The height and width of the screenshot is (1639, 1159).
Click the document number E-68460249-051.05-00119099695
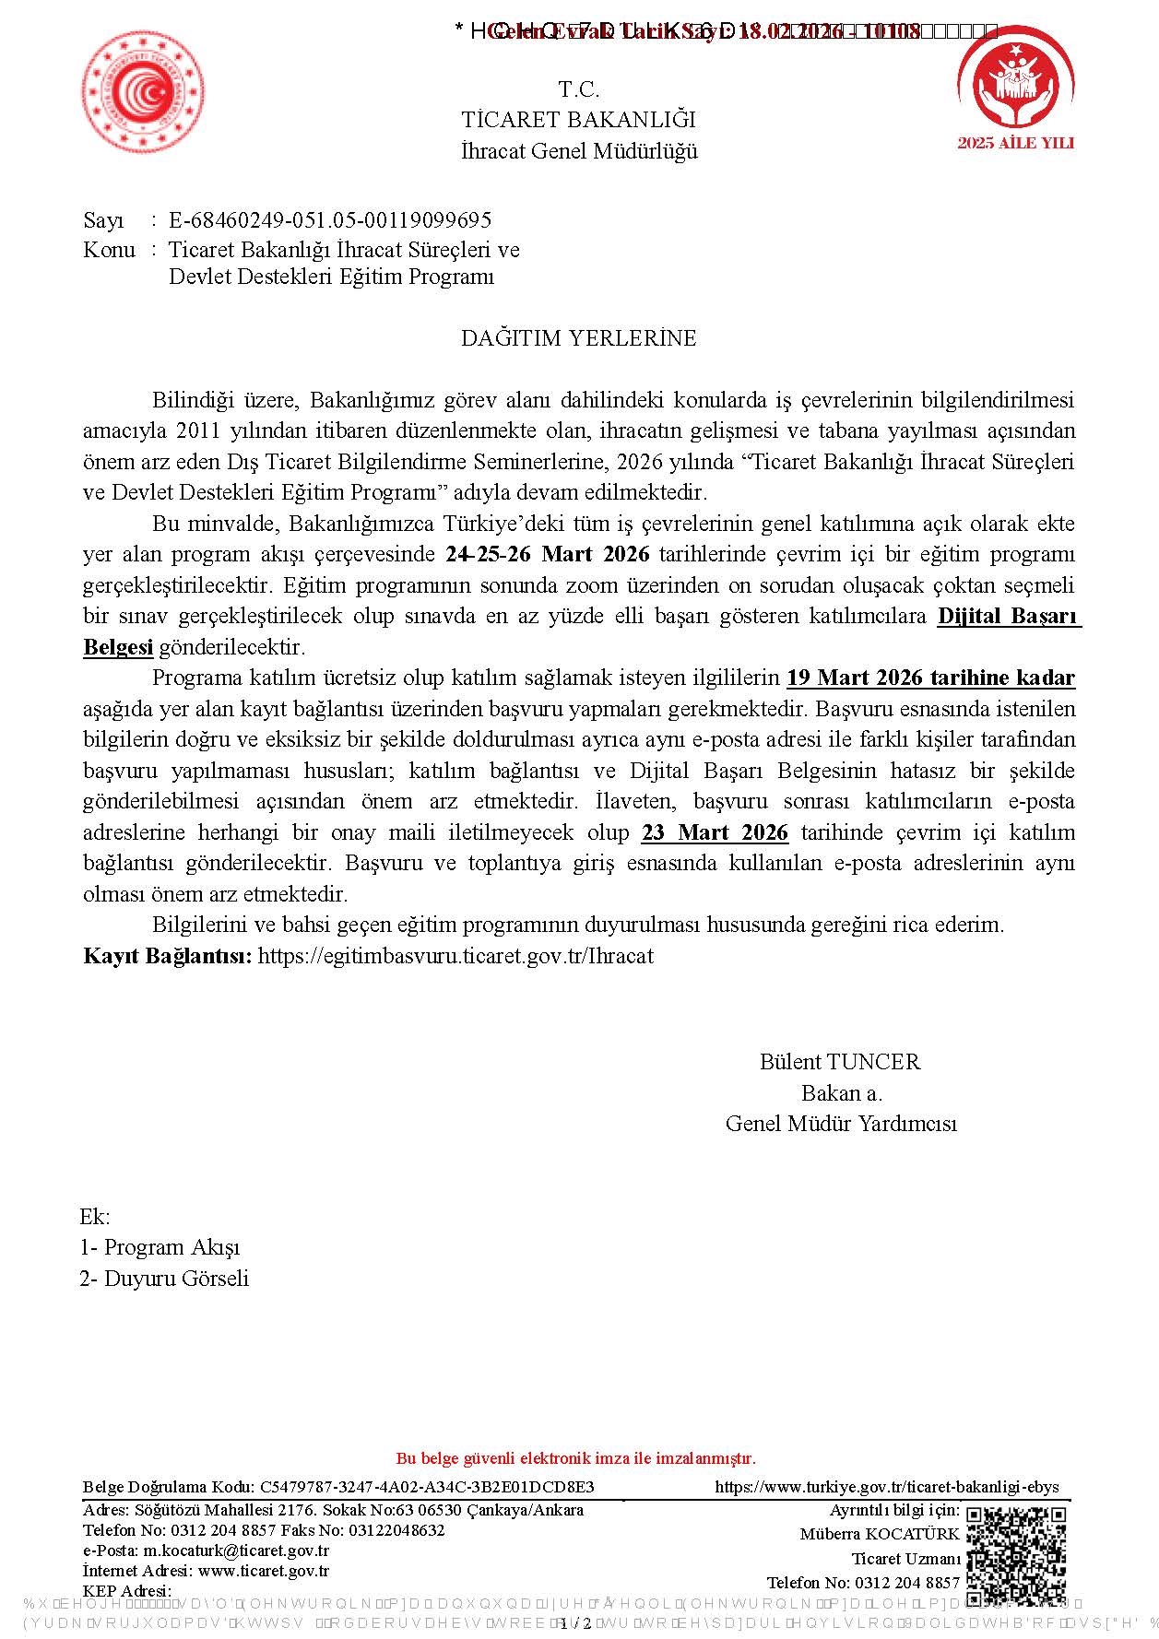[x=329, y=220]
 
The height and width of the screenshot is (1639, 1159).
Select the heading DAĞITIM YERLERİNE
[x=578, y=338]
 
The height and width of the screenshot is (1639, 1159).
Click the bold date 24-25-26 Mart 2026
[x=548, y=555]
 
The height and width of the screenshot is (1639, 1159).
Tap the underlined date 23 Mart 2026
[x=715, y=832]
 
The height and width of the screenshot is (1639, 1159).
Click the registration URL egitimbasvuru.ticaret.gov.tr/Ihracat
[x=455, y=956]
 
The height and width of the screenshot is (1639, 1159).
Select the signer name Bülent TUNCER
[x=840, y=1062]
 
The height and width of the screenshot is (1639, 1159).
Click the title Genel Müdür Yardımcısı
[x=841, y=1124]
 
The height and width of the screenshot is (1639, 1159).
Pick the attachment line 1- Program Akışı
[x=160, y=1248]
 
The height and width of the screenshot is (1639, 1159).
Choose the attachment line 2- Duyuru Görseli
[x=164, y=1279]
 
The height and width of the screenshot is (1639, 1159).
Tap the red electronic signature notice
[x=575, y=1458]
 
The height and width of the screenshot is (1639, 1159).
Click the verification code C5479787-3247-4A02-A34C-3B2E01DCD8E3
[x=427, y=1487]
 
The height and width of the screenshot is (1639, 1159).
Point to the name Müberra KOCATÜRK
[x=880, y=1534]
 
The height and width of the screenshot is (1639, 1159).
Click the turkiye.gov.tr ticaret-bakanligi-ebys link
[x=887, y=1487]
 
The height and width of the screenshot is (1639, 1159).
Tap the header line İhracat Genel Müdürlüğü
[x=579, y=151]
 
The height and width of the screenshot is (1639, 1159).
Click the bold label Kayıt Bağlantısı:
[x=167, y=956]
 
